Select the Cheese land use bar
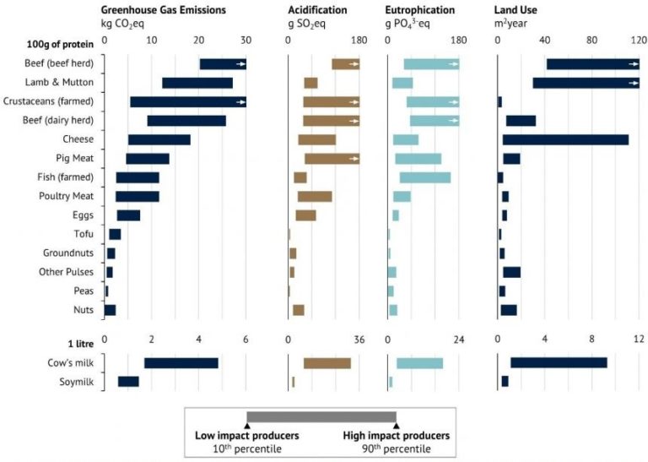pos(564,139)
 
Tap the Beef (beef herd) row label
pos(60,64)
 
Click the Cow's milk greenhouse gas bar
pos(181,363)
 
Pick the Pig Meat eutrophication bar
pos(418,158)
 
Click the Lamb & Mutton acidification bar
pos(310,83)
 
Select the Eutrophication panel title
pos(420,10)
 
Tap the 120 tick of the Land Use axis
pos(638,39)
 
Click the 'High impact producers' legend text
pos(396,435)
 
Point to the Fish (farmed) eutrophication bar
pos(424,177)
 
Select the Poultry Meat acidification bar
pos(315,197)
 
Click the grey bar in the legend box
pos(321,416)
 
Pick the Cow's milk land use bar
pos(559,363)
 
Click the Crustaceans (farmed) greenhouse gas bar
pos(187,101)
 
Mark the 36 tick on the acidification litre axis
pos(359,340)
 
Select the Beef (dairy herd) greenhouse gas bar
pos(186,121)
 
